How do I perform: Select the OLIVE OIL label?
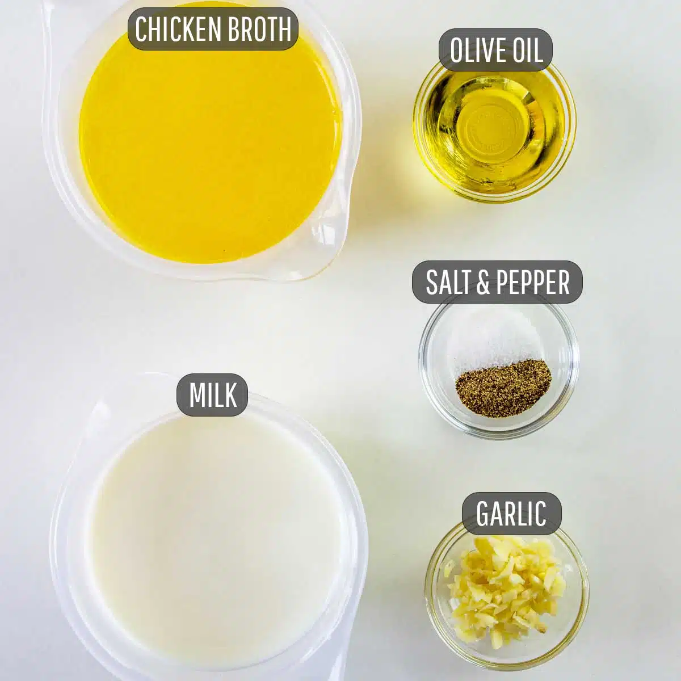click(496, 51)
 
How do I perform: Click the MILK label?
click(212, 395)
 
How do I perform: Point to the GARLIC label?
click(511, 514)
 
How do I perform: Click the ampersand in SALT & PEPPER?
click(484, 282)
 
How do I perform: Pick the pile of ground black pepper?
click(503, 378)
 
